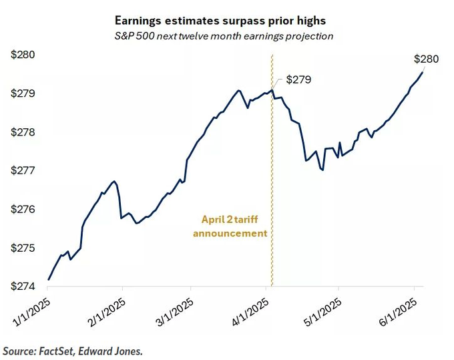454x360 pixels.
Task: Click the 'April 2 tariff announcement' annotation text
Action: point(230,226)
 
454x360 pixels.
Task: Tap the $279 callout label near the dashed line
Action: point(298,79)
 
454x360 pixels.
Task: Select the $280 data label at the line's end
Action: point(425,59)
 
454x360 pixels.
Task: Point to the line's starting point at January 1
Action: point(49,279)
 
